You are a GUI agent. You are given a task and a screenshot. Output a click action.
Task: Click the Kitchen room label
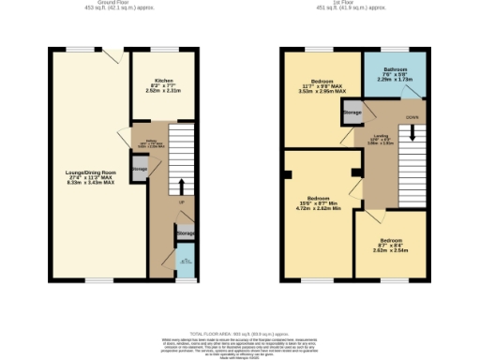tap(163, 84)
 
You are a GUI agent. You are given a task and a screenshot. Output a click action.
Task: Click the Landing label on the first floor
tap(381, 140)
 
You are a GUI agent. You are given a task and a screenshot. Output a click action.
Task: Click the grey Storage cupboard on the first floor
tap(352, 112)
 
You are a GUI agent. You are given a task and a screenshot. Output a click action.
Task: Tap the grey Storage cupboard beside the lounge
tap(139, 170)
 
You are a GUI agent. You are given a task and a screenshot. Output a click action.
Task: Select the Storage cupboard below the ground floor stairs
tap(185, 232)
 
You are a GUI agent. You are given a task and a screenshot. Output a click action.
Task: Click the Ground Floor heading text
tap(90, 4)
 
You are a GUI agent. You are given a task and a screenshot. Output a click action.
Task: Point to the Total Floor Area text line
tap(240, 334)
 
